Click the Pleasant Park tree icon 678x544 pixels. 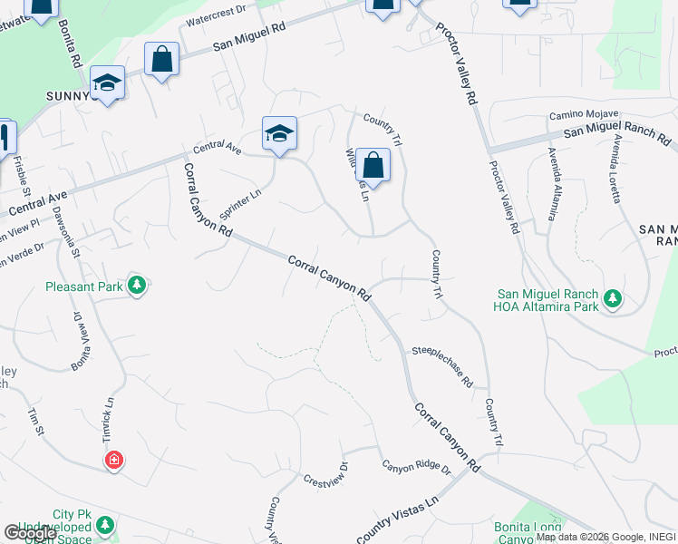[137, 287]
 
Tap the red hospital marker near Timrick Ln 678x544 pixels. [114, 461]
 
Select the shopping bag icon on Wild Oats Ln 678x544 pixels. [373, 166]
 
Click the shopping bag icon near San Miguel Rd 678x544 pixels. [161, 61]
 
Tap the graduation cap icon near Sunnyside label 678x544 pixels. [107, 84]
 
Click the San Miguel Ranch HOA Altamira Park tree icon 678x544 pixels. [613, 297]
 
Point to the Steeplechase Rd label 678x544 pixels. [442, 365]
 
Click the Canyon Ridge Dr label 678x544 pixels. [416, 468]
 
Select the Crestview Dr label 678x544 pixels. [326, 475]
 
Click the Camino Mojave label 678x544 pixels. [583, 116]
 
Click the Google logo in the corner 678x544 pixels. [30, 533]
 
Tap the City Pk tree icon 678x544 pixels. [106, 525]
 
